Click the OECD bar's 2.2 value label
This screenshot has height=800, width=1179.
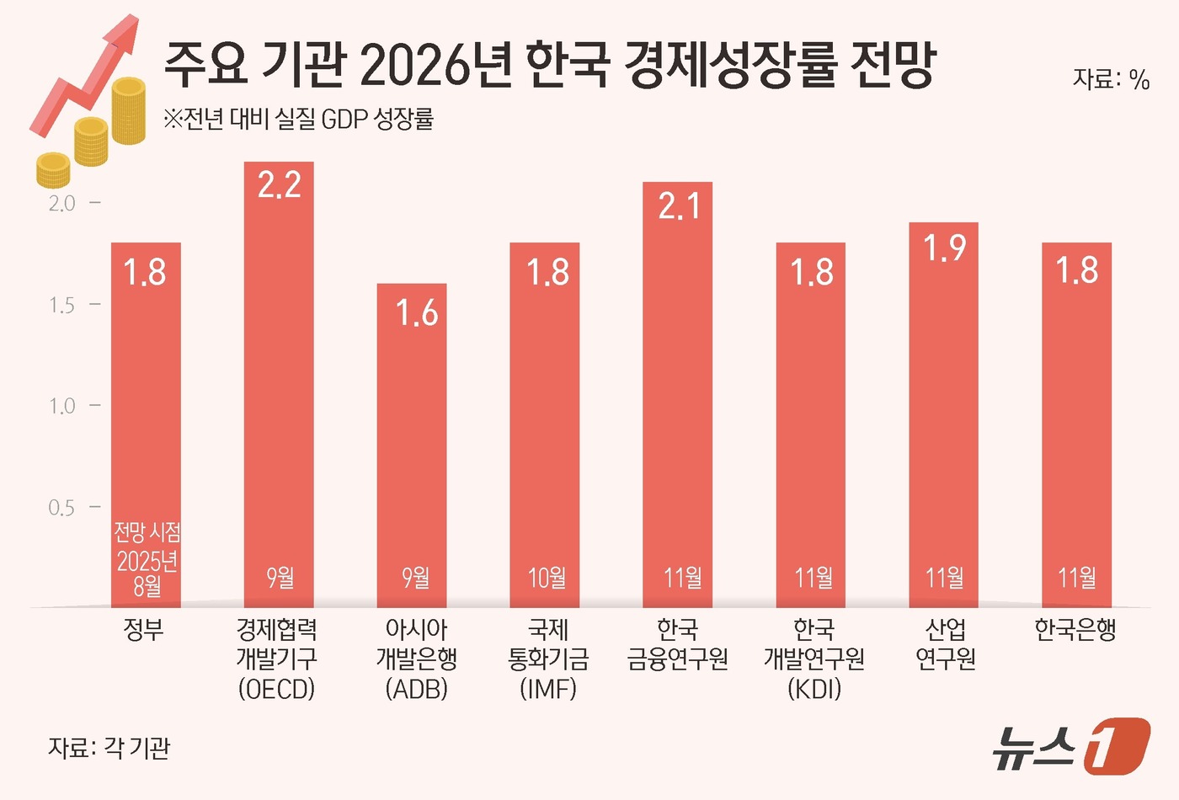pos(279,184)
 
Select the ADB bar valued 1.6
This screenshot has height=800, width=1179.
pos(412,446)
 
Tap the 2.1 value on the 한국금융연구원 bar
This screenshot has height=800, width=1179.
pos(678,205)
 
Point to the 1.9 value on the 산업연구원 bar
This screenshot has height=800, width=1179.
pos(944,248)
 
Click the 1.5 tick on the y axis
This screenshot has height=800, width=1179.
pos(61,305)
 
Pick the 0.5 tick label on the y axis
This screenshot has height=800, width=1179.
pos(61,508)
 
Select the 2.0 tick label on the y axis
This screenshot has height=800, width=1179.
pos(61,204)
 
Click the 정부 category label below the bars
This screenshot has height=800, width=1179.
pos(144,630)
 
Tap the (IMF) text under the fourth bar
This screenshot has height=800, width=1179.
pos(548,689)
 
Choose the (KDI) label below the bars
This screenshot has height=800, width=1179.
pos(814,689)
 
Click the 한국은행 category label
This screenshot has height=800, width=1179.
pos(1075,630)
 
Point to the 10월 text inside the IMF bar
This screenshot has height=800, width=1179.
pos(547,578)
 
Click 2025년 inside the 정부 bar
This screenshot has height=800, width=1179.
pos(147,560)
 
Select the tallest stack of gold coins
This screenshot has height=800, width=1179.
pos(129,110)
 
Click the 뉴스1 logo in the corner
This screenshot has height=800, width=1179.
pos(1070,745)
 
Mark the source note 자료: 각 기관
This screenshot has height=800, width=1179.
pos(109,747)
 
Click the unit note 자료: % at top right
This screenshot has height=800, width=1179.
pos(1110,79)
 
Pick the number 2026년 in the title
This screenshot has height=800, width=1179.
pos(435,65)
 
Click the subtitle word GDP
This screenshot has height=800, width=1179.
pos(344,120)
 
